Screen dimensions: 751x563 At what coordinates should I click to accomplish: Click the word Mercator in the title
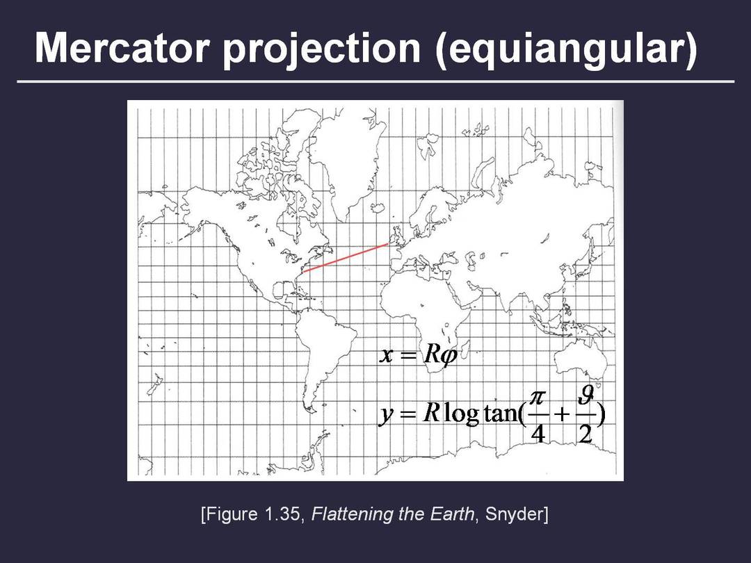[x=122, y=48]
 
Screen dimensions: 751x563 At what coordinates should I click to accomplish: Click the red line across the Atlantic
[x=346, y=258]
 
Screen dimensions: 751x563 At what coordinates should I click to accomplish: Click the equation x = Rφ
[x=417, y=355]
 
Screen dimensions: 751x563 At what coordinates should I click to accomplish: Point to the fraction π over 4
[x=538, y=417]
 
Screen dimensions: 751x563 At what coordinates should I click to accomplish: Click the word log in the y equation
[x=461, y=414]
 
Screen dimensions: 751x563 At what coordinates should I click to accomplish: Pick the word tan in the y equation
[x=501, y=414]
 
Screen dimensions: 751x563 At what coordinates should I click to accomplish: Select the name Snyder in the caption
[x=513, y=515]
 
